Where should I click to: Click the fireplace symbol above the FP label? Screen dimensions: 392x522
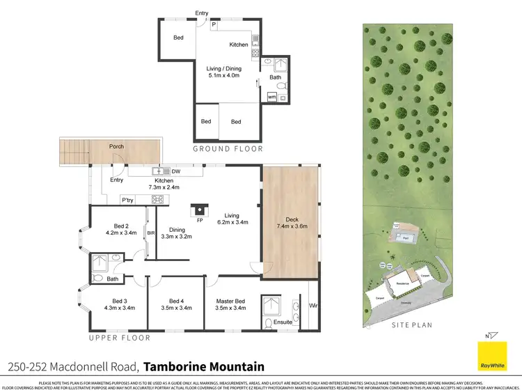200,208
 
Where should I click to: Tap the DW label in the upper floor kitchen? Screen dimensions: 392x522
176,171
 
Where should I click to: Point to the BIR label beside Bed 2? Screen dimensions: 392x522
150,235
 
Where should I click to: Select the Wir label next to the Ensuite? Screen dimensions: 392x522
313,305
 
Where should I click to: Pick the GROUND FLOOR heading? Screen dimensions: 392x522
228,148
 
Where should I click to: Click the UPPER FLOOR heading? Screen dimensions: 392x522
119,338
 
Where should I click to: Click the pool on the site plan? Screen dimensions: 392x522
405,237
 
